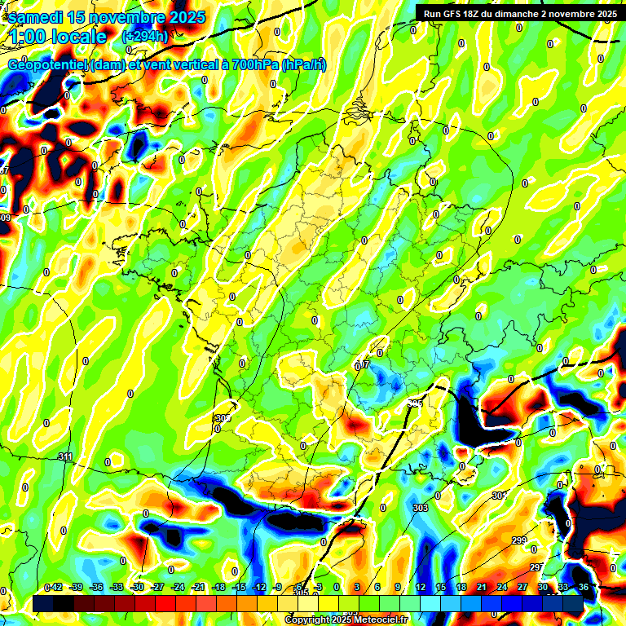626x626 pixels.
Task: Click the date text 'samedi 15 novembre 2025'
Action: point(107,17)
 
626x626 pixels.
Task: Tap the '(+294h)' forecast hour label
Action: point(145,37)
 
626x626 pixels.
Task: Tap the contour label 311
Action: point(66,456)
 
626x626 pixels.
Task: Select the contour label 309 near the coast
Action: point(222,418)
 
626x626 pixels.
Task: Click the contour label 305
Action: point(415,403)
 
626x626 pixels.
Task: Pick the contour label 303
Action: point(421,508)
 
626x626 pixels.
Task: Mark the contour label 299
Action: point(519,541)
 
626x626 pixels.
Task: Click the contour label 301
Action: point(498,496)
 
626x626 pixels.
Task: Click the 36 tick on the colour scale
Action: point(584,587)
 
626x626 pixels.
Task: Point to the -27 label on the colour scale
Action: point(158,587)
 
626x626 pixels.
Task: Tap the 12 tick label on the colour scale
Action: point(421,587)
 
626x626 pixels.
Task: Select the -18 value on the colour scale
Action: point(218,587)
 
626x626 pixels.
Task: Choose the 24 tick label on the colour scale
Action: point(501,587)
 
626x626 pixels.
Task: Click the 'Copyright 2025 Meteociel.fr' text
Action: point(346,619)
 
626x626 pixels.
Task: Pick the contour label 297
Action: point(536,566)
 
